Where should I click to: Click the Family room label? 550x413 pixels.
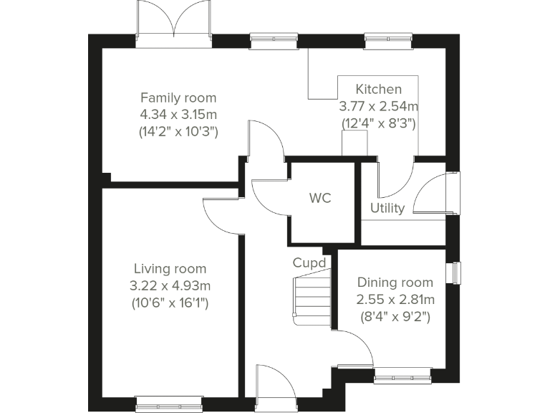tap(178, 98)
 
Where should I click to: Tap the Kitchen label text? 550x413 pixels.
tap(379, 90)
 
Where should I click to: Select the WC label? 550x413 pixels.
tap(320, 199)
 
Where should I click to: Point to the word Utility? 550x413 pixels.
tap(387, 209)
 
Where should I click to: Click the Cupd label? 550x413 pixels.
tap(309, 263)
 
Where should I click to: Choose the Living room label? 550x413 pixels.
tap(170, 269)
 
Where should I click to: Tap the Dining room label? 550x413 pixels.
tap(395, 283)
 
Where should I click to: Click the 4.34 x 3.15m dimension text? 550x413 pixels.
tap(178, 115)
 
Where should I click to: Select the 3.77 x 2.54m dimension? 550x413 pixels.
tap(379, 106)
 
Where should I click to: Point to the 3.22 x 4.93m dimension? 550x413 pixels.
tap(170, 286)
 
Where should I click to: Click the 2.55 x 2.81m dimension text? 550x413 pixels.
tap(395, 299)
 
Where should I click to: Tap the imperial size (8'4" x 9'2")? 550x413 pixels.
tap(395, 315)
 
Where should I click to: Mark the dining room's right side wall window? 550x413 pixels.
tap(455, 273)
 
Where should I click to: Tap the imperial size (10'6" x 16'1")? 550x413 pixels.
tap(170, 303)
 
